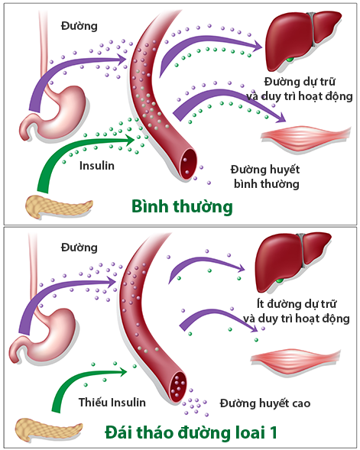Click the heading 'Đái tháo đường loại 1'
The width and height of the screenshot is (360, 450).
(192, 432)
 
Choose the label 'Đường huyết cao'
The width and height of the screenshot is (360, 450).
(264, 402)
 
